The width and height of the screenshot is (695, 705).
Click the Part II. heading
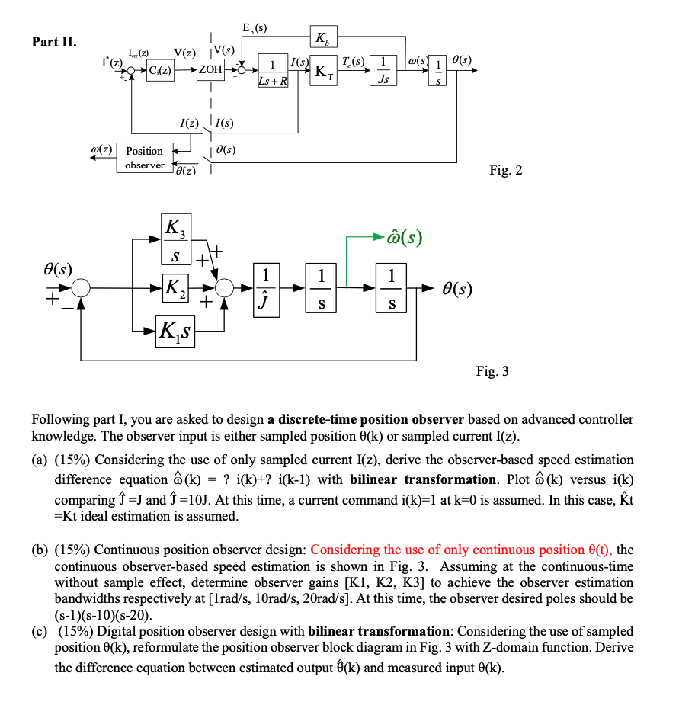(53, 41)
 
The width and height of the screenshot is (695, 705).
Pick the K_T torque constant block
(323, 72)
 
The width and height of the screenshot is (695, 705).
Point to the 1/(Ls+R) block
(272, 71)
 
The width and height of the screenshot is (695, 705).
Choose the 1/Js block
(387, 71)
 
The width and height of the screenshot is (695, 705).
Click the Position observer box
(144, 158)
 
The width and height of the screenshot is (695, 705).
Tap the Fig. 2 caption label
(506, 170)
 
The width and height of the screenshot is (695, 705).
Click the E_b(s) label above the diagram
(254, 30)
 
